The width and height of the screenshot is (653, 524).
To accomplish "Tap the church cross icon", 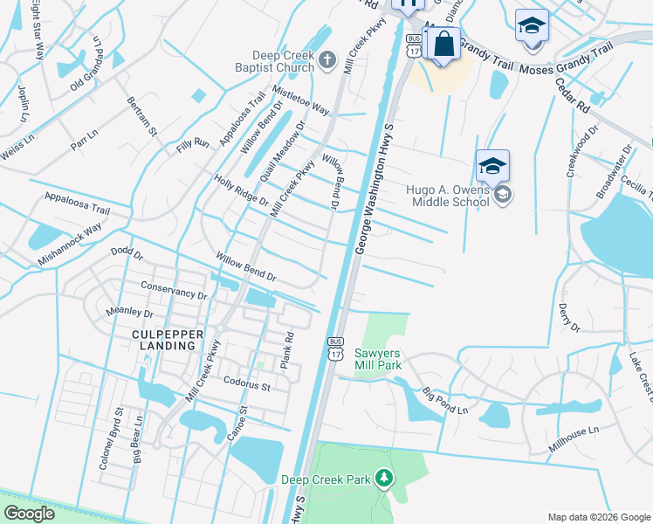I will point(327,60).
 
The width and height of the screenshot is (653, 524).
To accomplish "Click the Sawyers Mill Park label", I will point(378,359).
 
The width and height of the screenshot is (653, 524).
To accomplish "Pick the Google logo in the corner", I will point(29,514).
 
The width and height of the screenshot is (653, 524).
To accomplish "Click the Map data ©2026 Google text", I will point(598,517).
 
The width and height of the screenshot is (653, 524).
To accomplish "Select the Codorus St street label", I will point(248,383).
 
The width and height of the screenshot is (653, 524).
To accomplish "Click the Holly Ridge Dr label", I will point(241,189).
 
